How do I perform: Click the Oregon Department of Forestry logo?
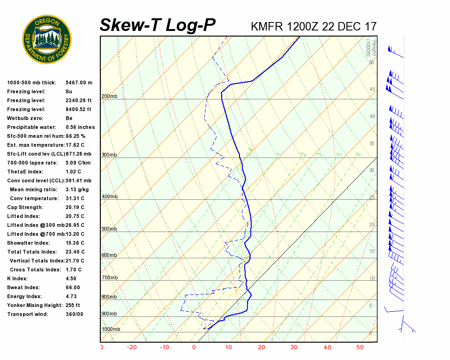pyautogui.click(x=47, y=39)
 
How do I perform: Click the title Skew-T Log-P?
pyautogui.click(x=157, y=25)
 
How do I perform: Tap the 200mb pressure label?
pyautogui.click(x=109, y=97)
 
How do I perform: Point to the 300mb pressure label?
pyautogui.click(x=109, y=155)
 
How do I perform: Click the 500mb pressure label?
pyautogui.click(x=109, y=229)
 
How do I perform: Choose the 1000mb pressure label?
pyautogui.click(x=111, y=330)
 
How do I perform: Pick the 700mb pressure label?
pyautogui.click(x=109, y=278)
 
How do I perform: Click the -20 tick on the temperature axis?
pyautogui.click(x=132, y=347)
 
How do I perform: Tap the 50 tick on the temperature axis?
pyautogui.click(x=360, y=347)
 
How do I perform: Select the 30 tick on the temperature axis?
pyautogui.click(x=294, y=347)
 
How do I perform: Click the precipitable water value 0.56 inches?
pyautogui.click(x=80, y=127)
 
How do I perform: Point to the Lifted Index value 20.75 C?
pyautogui.click(x=75, y=216)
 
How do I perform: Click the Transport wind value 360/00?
pyautogui.click(x=75, y=314)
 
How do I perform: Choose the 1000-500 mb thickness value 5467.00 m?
pyautogui.click(x=79, y=82)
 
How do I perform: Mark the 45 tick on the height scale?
pyautogui.click(x=372, y=90)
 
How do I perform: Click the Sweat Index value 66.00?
pyautogui.click(x=73, y=287)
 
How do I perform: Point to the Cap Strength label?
pyautogui.click(x=25, y=207)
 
